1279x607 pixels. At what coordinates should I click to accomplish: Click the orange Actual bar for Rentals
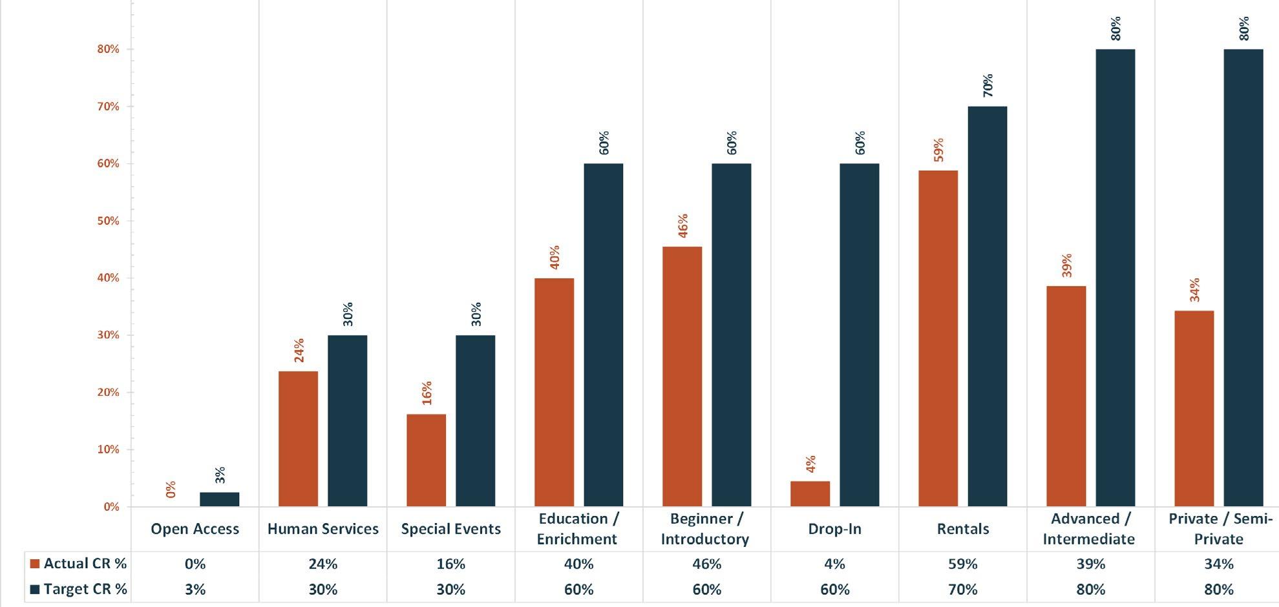tap(938, 338)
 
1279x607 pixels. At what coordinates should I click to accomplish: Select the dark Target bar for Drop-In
tap(860, 335)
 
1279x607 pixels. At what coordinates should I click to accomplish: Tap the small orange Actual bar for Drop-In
tap(810, 494)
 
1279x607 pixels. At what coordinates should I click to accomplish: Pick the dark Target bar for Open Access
tap(219, 499)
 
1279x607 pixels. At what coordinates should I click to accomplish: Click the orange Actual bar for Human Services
tap(298, 439)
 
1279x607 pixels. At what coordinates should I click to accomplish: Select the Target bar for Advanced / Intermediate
tap(1115, 278)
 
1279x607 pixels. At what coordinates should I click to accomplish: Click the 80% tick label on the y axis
tap(108, 49)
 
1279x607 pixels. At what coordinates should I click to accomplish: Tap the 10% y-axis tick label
tap(108, 449)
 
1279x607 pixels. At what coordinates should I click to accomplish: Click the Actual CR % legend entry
tap(79, 564)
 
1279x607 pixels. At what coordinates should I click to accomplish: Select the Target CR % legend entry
tap(79, 590)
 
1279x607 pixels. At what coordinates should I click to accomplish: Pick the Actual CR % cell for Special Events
tap(450, 564)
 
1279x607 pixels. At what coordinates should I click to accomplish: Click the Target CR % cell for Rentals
tap(962, 590)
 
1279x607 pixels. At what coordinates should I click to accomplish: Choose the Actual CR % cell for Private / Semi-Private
tap(1219, 564)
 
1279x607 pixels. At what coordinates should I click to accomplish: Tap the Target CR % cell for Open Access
tap(195, 590)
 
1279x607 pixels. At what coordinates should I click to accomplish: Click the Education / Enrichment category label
tap(578, 528)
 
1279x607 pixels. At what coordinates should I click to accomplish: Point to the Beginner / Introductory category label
tap(705, 528)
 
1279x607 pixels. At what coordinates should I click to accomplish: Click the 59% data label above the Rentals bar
tap(938, 150)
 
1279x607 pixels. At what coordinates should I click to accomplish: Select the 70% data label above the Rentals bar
tap(988, 86)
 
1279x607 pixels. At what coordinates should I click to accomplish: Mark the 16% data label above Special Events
tap(427, 393)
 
